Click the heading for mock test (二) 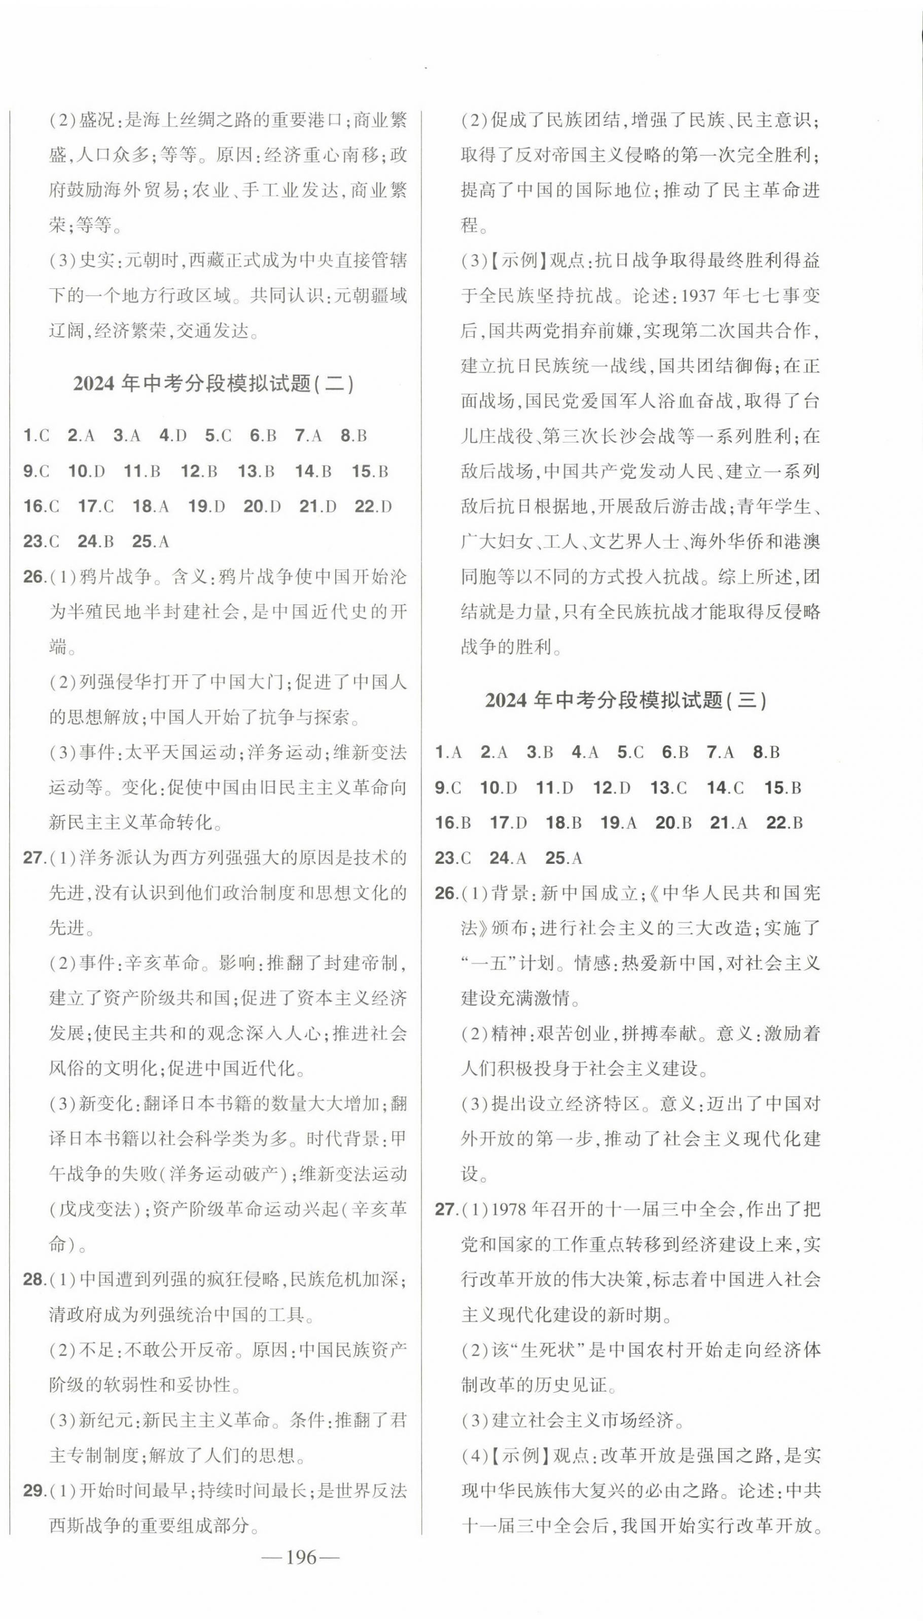[x=214, y=384]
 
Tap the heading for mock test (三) [x=626, y=700]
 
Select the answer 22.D [x=373, y=507]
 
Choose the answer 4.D [x=173, y=436]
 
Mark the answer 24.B [x=95, y=542]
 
